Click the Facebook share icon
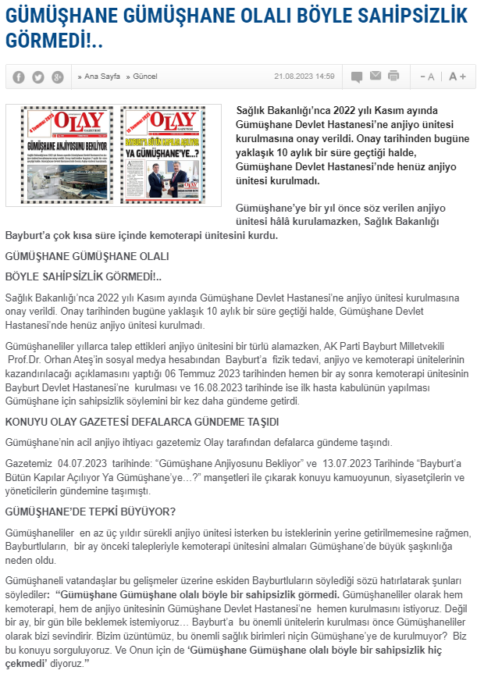pyautogui.click(x=19, y=77)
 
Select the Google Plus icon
pyautogui.click(x=58, y=77)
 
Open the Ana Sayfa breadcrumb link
pyautogui.click(x=99, y=77)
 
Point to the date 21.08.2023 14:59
pyautogui.click(x=304, y=77)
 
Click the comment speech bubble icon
pyautogui.click(x=357, y=77)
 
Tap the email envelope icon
pyautogui.click(x=376, y=76)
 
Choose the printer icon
pyautogui.click(x=393, y=76)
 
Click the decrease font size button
pyautogui.click(x=427, y=77)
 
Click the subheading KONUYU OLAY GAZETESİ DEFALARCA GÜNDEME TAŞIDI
pyautogui.click(x=142, y=423)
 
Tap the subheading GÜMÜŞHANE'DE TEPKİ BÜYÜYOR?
pyautogui.click(x=91, y=512)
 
